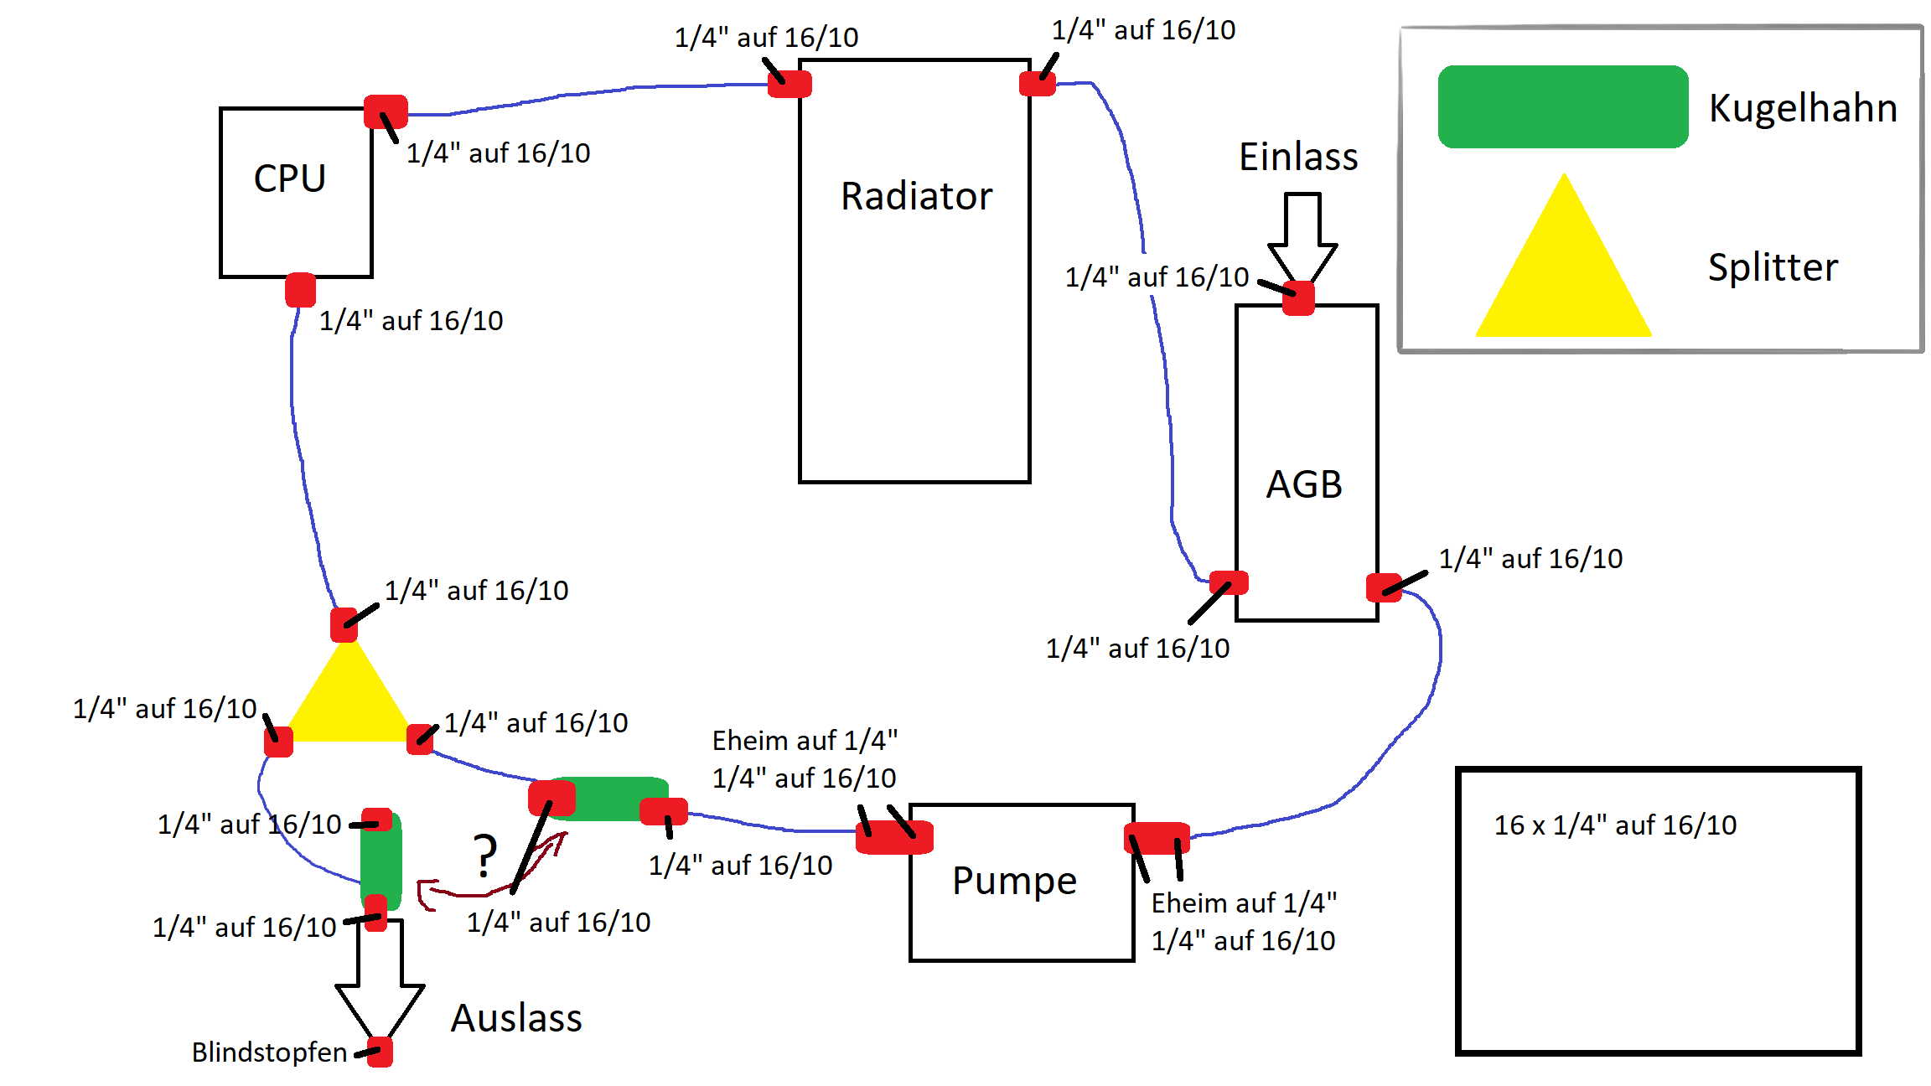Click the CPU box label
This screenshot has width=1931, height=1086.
click(289, 178)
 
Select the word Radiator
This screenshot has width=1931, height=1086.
click(916, 196)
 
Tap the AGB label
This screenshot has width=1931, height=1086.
click(1304, 484)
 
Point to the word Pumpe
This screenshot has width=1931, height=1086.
click(1014, 881)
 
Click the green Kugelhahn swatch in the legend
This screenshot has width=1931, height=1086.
click(1562, 107)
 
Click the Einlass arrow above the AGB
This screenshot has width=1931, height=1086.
click(1302, 235)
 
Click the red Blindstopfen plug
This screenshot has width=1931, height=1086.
click(380, 1052)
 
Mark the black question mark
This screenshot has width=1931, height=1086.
click(484, 856)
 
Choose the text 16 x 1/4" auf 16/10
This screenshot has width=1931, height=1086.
click(1615, 825)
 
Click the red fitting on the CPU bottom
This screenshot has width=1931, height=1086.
click(300, 290)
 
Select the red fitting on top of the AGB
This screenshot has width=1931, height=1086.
click(1298, 298)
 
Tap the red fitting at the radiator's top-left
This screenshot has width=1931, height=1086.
click(789, 84)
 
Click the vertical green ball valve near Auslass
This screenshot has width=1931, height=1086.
click(381, 859)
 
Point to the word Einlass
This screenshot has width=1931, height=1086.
click(1298, 158)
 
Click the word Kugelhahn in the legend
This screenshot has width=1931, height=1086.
click(1803, 108)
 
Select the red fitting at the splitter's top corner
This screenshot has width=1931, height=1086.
click(344, 624)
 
